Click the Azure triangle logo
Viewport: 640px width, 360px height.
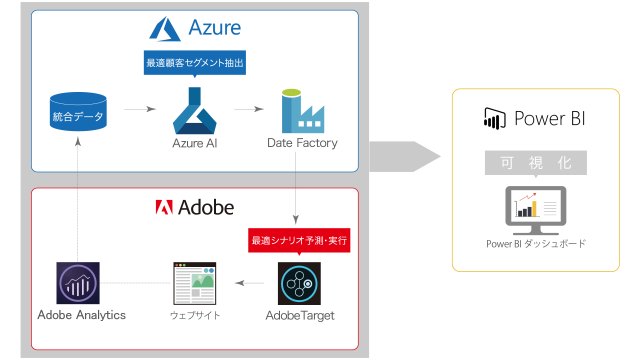click(165, 28)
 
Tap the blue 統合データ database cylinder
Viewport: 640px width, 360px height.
click(78, 112)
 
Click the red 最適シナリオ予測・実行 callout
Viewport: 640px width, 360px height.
click(299, 240)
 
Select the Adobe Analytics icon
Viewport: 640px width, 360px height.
click(78, 283)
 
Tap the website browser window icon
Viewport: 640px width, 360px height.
click(195, 283)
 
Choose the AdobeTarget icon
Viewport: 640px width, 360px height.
click(299, 283)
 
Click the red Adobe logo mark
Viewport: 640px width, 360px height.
click(164, 207)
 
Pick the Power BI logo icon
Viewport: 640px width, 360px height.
click(495, 118)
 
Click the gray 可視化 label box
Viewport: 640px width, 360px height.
click(535, 162)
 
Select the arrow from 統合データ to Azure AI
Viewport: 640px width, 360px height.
click(140, 109)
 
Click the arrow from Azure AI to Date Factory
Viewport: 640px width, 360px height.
click(248, 109)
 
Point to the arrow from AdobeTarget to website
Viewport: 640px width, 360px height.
click(249, 283)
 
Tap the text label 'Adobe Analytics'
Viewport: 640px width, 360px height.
click(81, 315)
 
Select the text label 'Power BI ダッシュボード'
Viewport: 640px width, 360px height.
click(535, 244)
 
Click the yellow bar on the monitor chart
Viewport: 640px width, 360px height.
click(534, 208)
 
